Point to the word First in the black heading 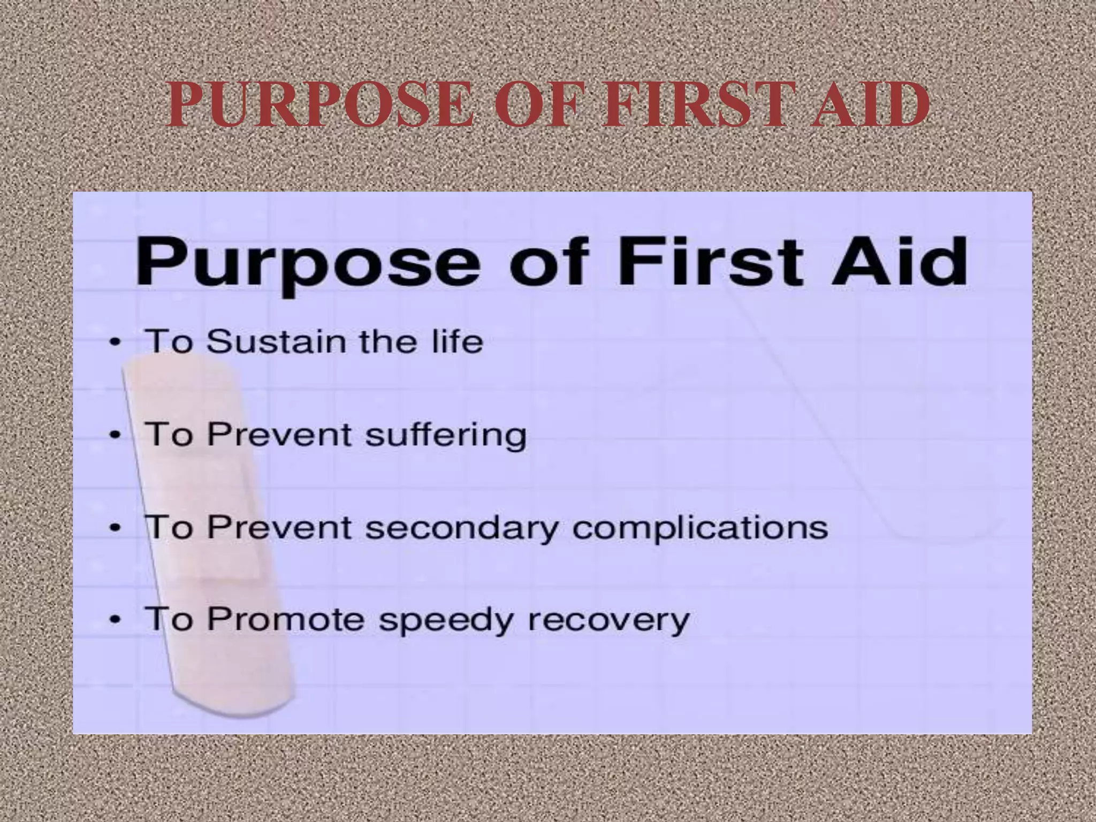coord(707,262)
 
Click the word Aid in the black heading coord(899,262)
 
